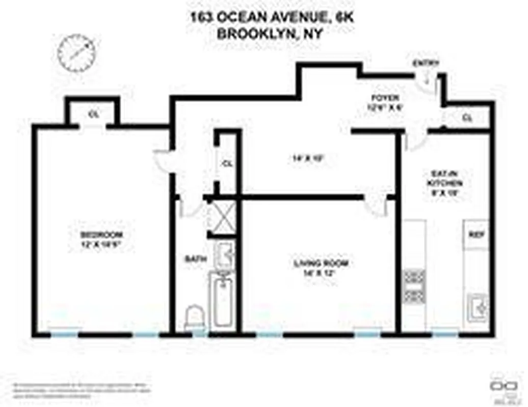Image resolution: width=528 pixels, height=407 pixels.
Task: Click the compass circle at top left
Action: coord(77,52)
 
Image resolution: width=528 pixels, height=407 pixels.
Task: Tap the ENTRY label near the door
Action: coord(426,63)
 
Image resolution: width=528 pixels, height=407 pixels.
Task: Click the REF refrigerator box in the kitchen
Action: coord(476,235)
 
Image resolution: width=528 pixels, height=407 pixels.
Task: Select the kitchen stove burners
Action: coord(414,286)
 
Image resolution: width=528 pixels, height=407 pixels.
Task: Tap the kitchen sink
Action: coord(478,306)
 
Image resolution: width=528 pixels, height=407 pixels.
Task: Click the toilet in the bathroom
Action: coord(194,318)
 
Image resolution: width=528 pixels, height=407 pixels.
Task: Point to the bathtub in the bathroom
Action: coord(223,301)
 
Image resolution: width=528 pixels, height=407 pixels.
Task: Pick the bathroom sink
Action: coord(224,252)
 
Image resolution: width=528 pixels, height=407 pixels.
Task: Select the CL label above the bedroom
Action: coord(93,114)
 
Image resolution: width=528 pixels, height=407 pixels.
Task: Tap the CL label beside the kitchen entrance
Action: coord(467,118)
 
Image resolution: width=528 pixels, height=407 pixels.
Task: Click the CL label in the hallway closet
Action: coord(227,164)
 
